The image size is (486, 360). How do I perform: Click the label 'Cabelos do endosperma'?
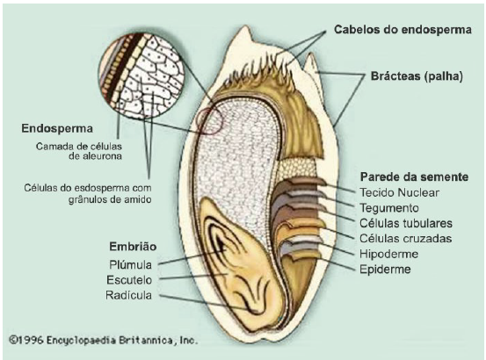(403, 30)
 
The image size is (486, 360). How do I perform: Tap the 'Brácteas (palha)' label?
(417, 76)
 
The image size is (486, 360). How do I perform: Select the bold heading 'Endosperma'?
(57, 128)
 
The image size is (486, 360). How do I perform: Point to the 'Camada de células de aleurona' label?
(79, 151)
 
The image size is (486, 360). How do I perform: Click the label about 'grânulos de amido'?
(88, 194)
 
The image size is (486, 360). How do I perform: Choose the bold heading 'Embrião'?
(133, 247)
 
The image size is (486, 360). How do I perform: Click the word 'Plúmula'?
(130, 264)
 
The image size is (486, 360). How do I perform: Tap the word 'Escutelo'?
(129, 280)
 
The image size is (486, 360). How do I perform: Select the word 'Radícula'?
(128, 295)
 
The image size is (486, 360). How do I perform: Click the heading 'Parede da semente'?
(414, 177)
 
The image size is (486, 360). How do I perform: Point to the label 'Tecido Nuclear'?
(399, 192)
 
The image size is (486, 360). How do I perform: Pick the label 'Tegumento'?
(389, 208)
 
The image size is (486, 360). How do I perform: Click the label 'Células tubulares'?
(406, 223)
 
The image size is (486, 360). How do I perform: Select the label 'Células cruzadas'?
(405, 238)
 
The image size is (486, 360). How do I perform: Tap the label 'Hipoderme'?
(389, 254)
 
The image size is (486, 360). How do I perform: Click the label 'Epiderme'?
(385, 270)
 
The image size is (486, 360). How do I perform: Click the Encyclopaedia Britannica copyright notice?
(103, 341)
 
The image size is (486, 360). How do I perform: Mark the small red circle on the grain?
(209, 121)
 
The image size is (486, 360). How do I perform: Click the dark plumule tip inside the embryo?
(221, 244)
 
